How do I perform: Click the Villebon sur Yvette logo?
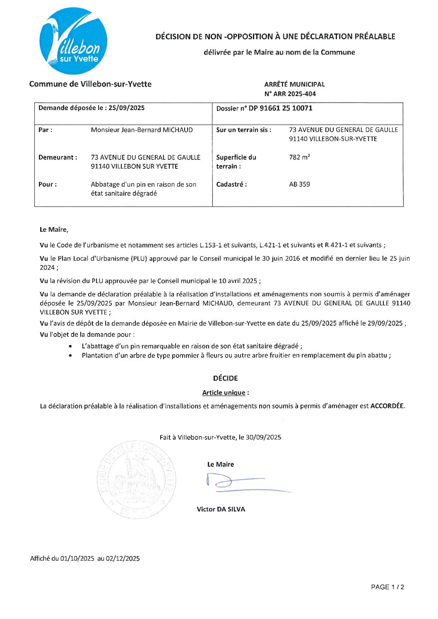pyautogui.click(x=73, y=41)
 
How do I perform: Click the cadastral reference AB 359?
pyautogui.click(x=299, y=185)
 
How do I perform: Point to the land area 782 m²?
pyautogui.click(x=299, y=157)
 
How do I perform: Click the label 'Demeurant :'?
pyautogui.click(x=58, y=157)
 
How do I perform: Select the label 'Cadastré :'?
pyautogui.click(x=231, y=185)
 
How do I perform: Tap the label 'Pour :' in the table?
pyautogui.click(x=48, y=185)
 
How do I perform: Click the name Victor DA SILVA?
pyautogui.click(x=221, y=509)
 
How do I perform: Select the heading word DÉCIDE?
pyautogui.click(x=225, y=378)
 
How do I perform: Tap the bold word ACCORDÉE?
pyautogui.click(x=387, y=406)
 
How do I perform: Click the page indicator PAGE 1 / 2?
pyautogui.click(x=387, y=587)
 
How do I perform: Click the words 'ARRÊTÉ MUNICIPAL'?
pyautogui.click(x=294, y=84)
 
